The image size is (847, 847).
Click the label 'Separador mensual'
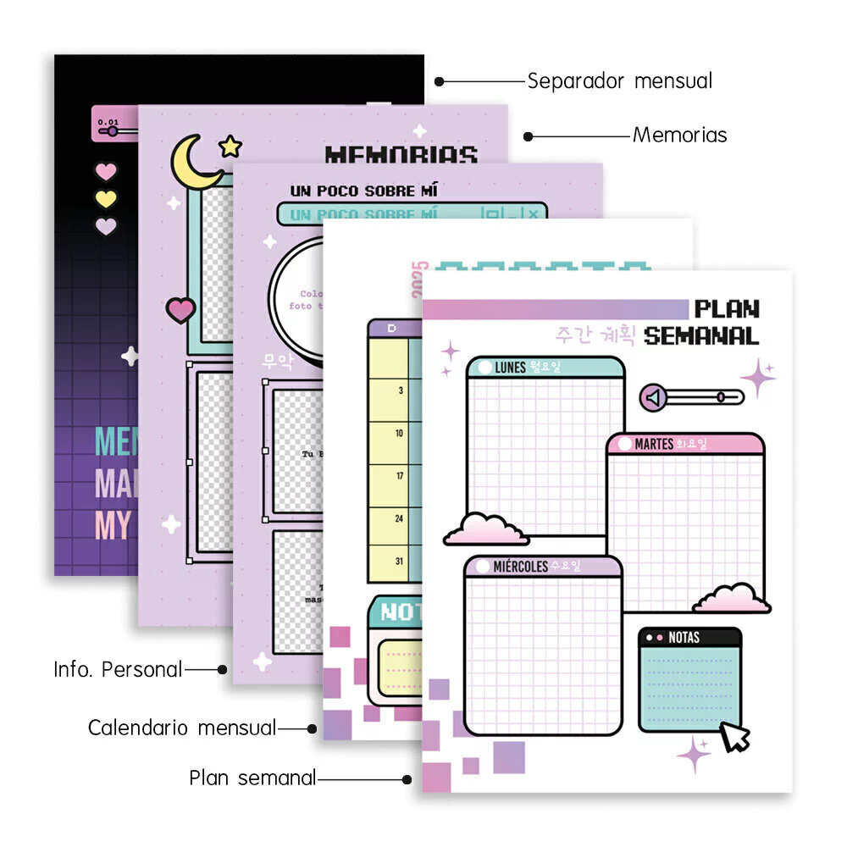point(619,81)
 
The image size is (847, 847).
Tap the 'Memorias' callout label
point(679,135)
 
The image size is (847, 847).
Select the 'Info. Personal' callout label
point(118,669)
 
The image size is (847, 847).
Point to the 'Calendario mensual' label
point(182,728)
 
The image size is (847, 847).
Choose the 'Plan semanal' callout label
point(252,778)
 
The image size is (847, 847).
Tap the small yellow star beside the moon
point(230,147)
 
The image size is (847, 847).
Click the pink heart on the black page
point(105,172)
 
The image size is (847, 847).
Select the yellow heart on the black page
point(105,199)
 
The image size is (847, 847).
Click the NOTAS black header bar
point(689,637)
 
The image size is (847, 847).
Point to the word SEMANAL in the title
point(700,335)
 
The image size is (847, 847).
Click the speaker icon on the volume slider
point(652,397)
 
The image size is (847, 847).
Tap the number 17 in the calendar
point(399,476)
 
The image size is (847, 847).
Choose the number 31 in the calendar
point(399,561)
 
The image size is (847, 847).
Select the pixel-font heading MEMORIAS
point(401,155)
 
